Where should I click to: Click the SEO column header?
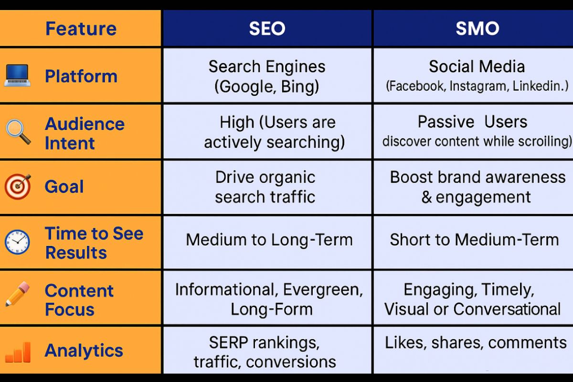coord(267,29)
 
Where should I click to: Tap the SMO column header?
coord(477,29)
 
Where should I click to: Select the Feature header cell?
coord(81,29)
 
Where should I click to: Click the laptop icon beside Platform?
coord(17,76)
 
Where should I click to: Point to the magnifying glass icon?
coord(18,132)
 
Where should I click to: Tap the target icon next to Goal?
coord(18,186)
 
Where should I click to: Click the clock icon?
coord(17,243)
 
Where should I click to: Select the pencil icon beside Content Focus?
coord(17,294)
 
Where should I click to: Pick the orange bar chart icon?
coord(18,352)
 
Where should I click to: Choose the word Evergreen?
coord(323,290)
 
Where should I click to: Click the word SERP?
coord(228,342)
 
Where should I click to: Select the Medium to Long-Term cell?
coord(269,240)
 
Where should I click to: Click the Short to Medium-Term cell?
coord(474,240)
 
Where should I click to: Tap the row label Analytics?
coord(84,351)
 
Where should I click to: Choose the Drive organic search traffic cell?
coord(265,187)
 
